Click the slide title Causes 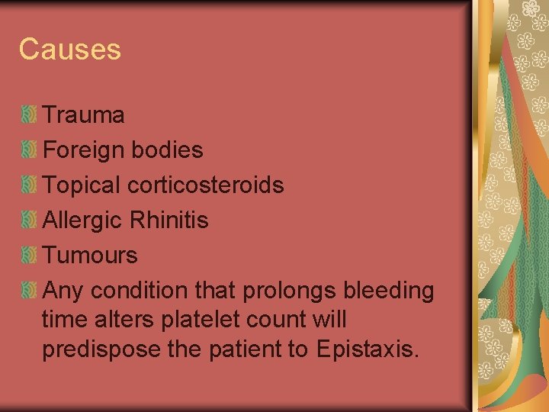pos(69,50)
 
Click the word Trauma pos(83,115)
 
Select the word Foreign pos(84,150)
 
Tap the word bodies pos(167,150)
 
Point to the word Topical pos(82,185)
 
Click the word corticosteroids pos(206,185)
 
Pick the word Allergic pos(82,220)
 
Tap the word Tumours pos(90,255)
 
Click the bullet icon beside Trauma pos(29,115)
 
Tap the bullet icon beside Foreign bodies pos(29,150)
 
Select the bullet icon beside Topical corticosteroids pos(29,185)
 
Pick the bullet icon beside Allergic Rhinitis pos(29,220)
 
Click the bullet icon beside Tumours pos(29,255)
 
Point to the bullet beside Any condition pos(29,290)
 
